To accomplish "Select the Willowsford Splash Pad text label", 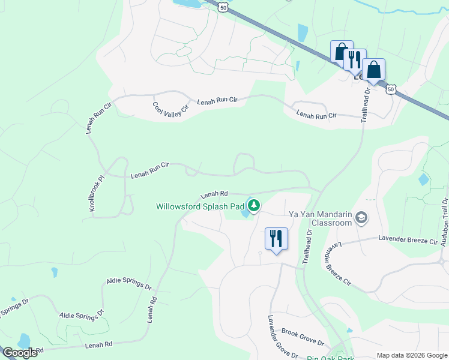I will (200, 206).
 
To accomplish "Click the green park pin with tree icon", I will (254, 206).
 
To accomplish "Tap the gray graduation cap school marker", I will (361, 217).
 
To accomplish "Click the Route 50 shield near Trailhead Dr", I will (391, 89).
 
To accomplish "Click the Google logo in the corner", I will (19, 353).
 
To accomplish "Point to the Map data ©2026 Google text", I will (411, 355).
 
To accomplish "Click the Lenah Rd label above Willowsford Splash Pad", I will (214, 194).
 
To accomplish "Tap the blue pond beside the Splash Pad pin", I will (245, 211).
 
